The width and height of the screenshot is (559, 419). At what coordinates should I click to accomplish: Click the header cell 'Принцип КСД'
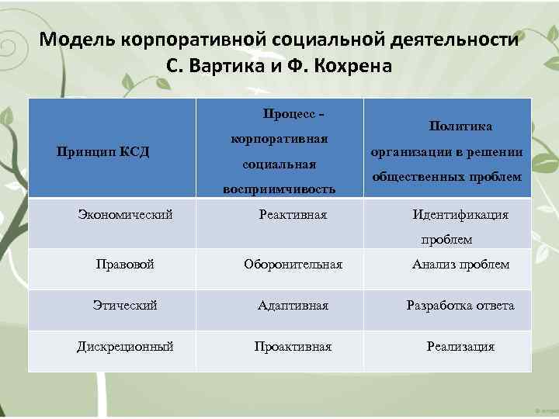[x=103, y=151]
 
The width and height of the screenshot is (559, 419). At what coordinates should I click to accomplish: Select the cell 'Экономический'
[x=126, y=214]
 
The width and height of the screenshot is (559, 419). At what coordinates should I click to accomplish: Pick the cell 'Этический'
[x=125, y=306]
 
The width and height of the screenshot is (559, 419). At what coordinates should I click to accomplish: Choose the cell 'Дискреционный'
[x=125, y=347]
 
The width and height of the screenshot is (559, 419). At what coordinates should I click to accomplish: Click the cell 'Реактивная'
[x=293, y=214]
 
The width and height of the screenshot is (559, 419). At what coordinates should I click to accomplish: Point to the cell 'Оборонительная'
[x=293, y=265]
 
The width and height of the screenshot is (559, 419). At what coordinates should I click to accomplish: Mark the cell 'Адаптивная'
[x=293, y=306]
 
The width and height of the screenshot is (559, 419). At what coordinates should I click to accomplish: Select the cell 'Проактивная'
[x=293, y=347]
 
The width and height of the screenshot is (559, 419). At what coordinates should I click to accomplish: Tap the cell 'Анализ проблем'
[x=460, y=265]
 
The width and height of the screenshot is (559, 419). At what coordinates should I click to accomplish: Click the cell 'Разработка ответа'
[x=460, y=306]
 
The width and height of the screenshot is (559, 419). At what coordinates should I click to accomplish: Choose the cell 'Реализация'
[x=460, y=347]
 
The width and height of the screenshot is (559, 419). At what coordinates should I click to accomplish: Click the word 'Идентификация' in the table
[x=460, y=215]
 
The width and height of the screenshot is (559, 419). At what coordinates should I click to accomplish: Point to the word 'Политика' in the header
[x=460, y=126]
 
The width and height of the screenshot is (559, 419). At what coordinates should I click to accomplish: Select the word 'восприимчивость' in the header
[x=279, y=189]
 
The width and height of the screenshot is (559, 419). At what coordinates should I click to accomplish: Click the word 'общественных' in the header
[x=420, y=177]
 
